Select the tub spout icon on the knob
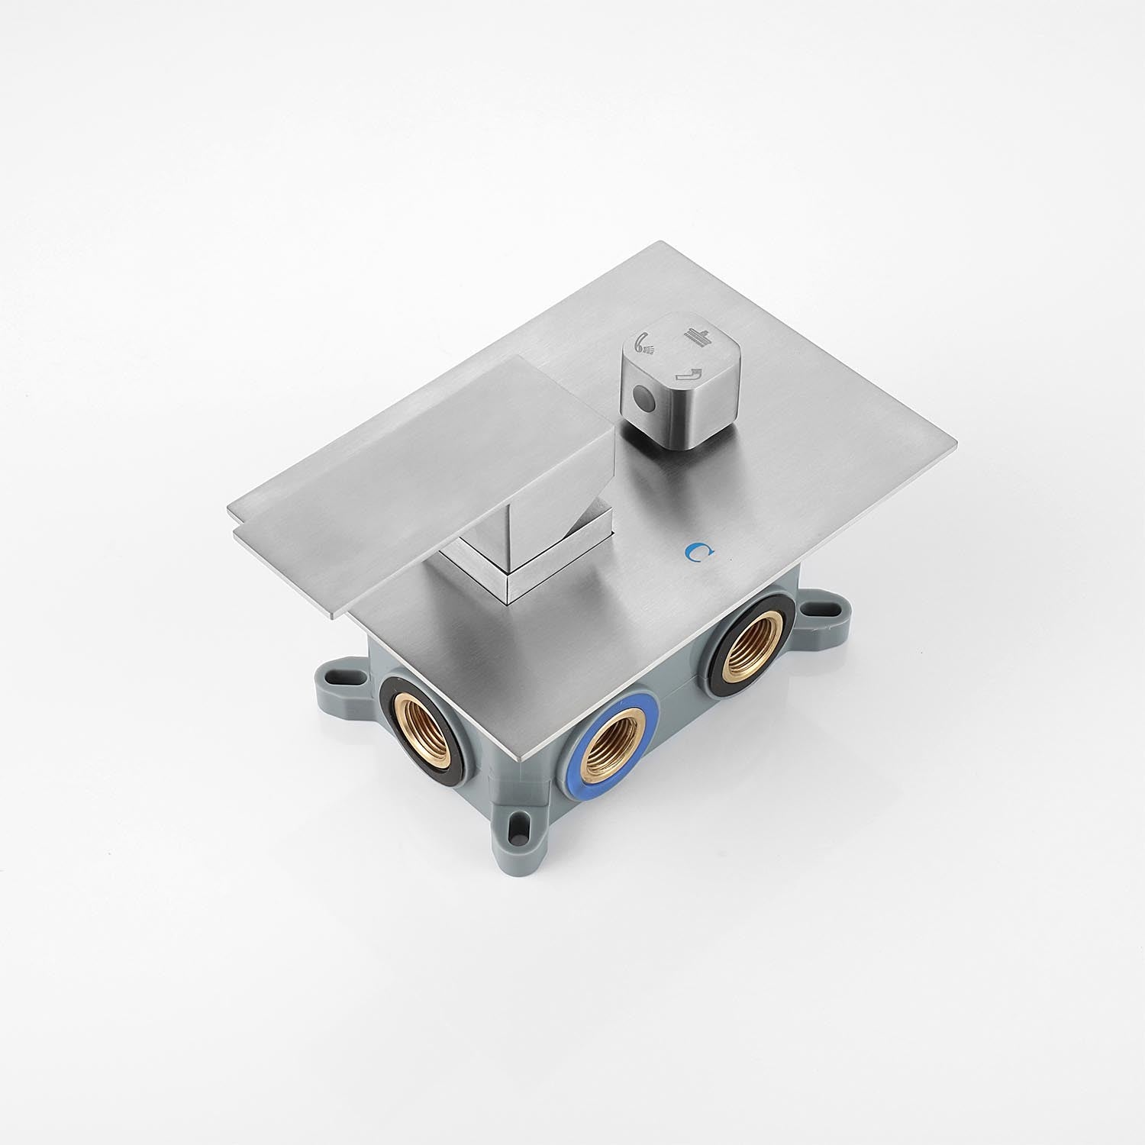tap(689, 373)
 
